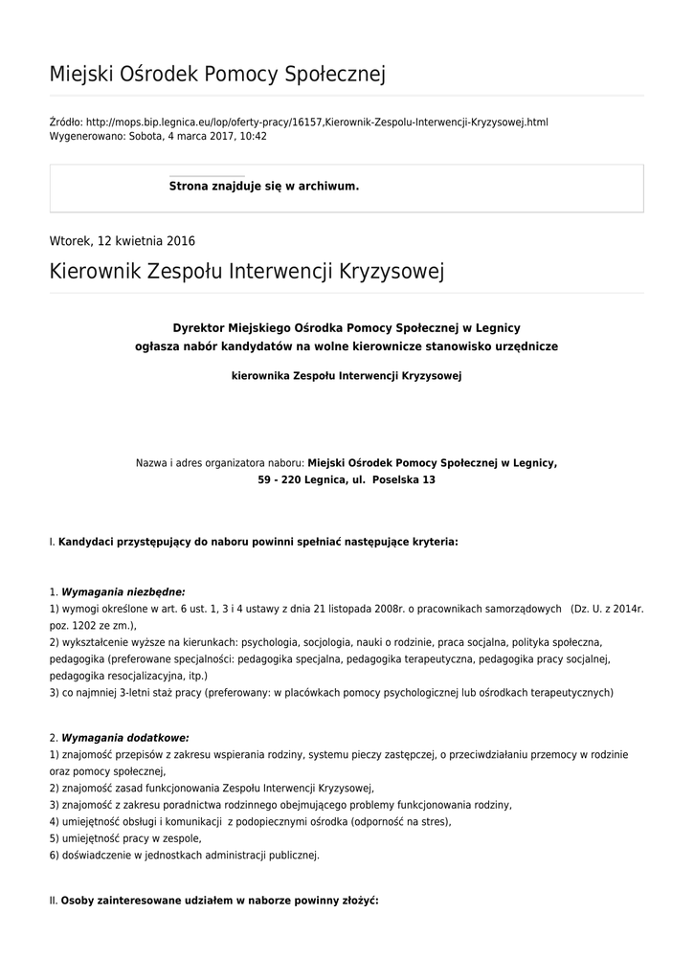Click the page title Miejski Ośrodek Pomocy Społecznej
pos(217,74)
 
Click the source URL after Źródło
pos(316,122)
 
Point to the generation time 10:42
pos(253,136)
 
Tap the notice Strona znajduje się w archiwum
pos(264,186)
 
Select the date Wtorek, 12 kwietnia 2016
pos(122,241)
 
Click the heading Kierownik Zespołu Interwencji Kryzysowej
pos(247,272)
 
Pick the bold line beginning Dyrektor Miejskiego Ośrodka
pos(347,327)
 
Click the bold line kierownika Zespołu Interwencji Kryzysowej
pos(347,376)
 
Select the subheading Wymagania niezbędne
pos(123,592)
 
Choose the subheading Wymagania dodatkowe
pos(125,738)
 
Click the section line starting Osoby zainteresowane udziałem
pos(219,901)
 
